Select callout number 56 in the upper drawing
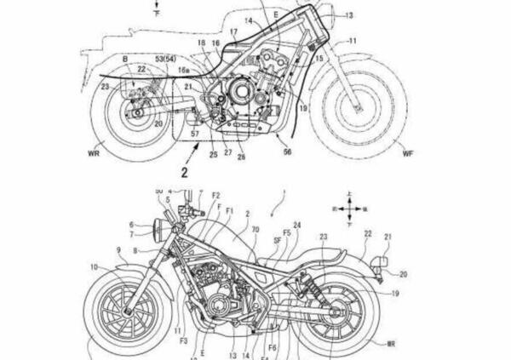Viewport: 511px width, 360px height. [x=288, y=151]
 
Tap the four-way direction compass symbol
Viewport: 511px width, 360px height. [x=351, y=204]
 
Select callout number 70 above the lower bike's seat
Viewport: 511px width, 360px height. [x=255, y=230]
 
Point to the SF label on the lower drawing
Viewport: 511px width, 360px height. [x=276, y=241]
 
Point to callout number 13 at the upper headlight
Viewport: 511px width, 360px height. [x=348, y=15]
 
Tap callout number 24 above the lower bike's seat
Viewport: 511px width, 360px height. [x=296, y=226]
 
